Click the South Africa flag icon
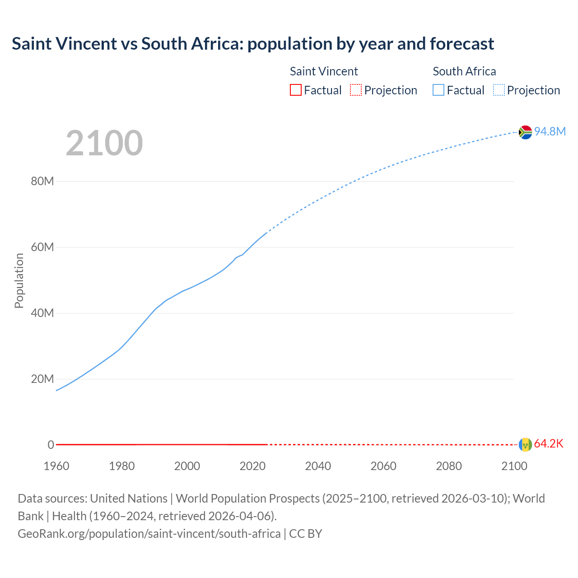click(x=525, y=132)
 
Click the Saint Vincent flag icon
click(x=525, y=444)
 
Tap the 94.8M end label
click(x=550, y=131)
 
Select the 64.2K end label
click(x=549, y=443)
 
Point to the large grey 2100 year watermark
click(x=104, y=143)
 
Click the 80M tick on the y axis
click(x=42, y=181)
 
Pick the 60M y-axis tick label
click(x=42, y=247)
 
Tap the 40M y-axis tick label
click(x=42, y=313)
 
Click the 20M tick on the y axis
click(x=42, y=379)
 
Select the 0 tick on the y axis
click(x=51, y=445)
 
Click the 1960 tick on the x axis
click(x=56, y=466)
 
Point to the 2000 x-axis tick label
click(x=187, y=466)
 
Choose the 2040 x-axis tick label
click(x=318, y=466)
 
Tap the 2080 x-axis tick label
click(x=449, y=466)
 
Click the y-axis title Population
click(x=19, y=280)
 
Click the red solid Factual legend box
click(x=295, y=90)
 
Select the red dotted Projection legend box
click(x=356, y=90)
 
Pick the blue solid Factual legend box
click(x=438, y=90)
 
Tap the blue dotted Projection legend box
click(x=499, y=90)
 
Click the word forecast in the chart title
click(x=462, y=44)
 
